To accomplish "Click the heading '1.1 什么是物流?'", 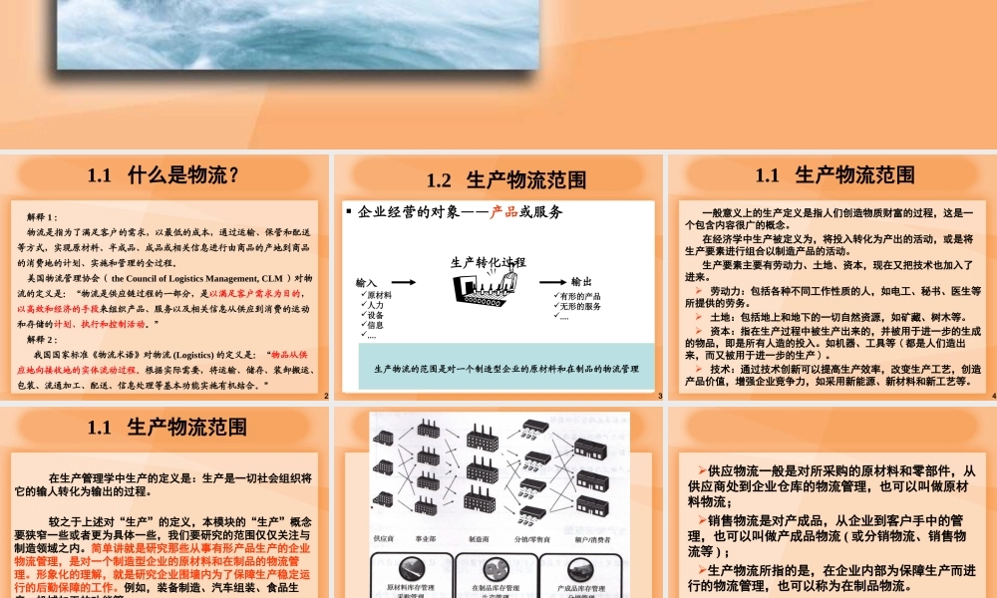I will [164, 175].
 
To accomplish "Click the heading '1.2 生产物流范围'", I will [505, 180].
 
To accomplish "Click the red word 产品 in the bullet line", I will [504, 212].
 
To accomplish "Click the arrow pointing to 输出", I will [547, 283].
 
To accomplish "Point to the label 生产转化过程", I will [489, 262].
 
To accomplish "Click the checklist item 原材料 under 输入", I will [378, 295].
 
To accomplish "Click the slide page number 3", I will [660, 397].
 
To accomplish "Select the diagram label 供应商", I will [384, 538].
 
